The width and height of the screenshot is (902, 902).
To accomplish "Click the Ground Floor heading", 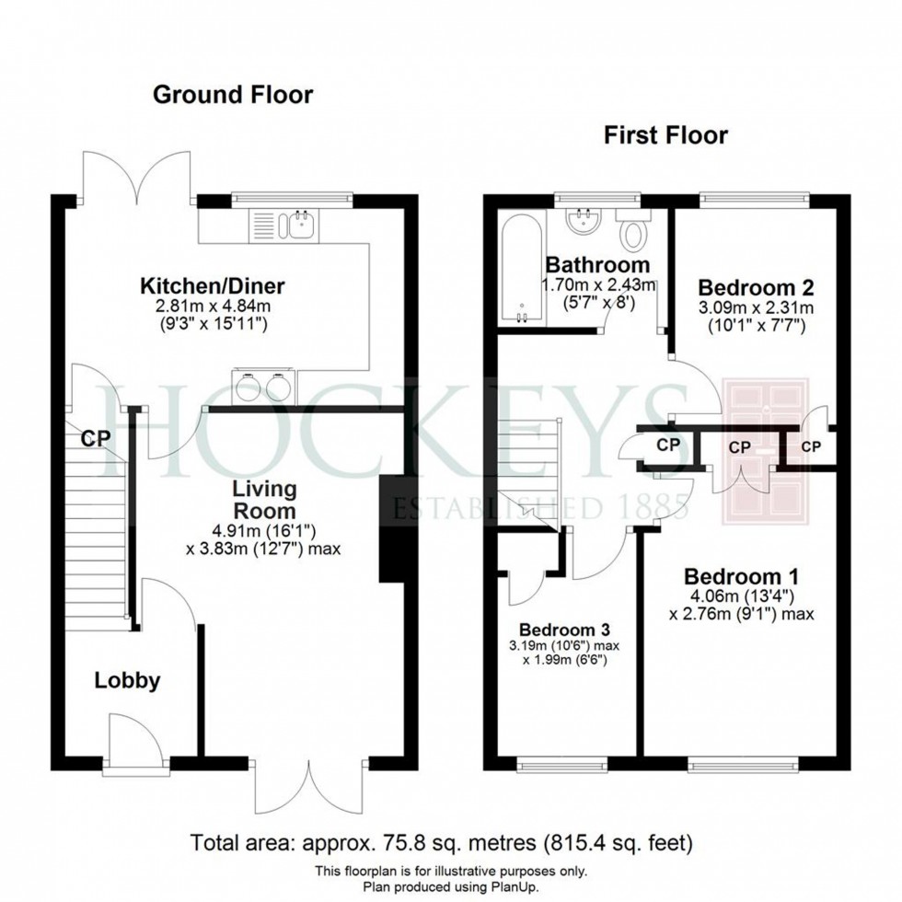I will (232, 94).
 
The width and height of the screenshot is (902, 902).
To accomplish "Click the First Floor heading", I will (665, 136).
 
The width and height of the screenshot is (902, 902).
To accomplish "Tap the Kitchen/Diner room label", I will (213, 284).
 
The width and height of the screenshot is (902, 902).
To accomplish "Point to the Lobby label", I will (128, 681).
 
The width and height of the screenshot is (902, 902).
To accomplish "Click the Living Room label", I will (263, 499).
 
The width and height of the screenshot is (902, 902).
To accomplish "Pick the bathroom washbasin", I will (582, 221).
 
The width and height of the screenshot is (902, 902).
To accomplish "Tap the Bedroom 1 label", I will (741, 577).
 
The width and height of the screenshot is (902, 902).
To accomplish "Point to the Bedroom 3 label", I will (563, 630).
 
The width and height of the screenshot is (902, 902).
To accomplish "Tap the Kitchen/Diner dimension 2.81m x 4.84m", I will (213, 306).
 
